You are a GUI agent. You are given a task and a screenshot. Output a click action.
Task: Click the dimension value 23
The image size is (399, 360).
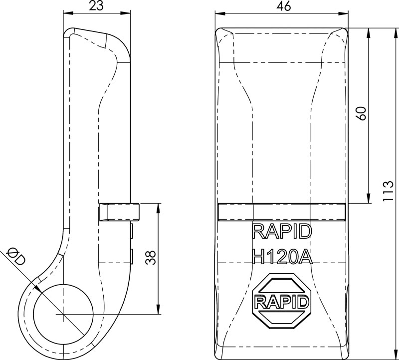pyautogui.click(x=96, y=6)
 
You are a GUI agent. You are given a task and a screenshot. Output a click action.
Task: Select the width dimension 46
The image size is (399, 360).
pyautogui.click(x=282, y=6)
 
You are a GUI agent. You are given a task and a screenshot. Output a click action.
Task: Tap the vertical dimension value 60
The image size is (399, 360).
pyautogui.click(x=363, y=113)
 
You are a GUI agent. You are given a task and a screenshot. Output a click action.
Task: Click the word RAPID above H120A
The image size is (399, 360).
pyautogui.click(x=282, y=231)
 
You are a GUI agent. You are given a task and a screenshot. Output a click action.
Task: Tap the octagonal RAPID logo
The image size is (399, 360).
pyautogui.click(x=282, y=301)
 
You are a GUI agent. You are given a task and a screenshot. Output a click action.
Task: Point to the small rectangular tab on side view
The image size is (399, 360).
pyautogui.click(x=119, y=212)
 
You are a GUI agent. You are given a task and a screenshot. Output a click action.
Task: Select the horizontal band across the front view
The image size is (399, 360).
pyautogui.click(x=282, y=212)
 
